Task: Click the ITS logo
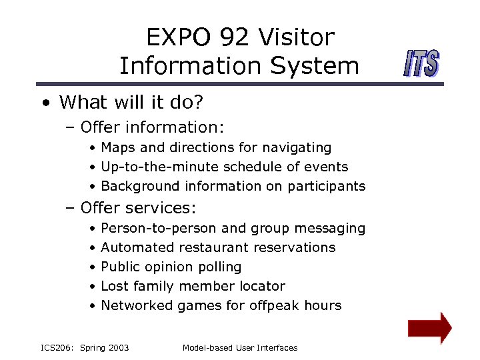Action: point(421,64)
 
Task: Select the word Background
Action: point(141,186)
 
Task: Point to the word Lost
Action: point(115,286)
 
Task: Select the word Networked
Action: point(137,305)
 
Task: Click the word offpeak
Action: point(273,305)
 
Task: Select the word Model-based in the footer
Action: point(205,347)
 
